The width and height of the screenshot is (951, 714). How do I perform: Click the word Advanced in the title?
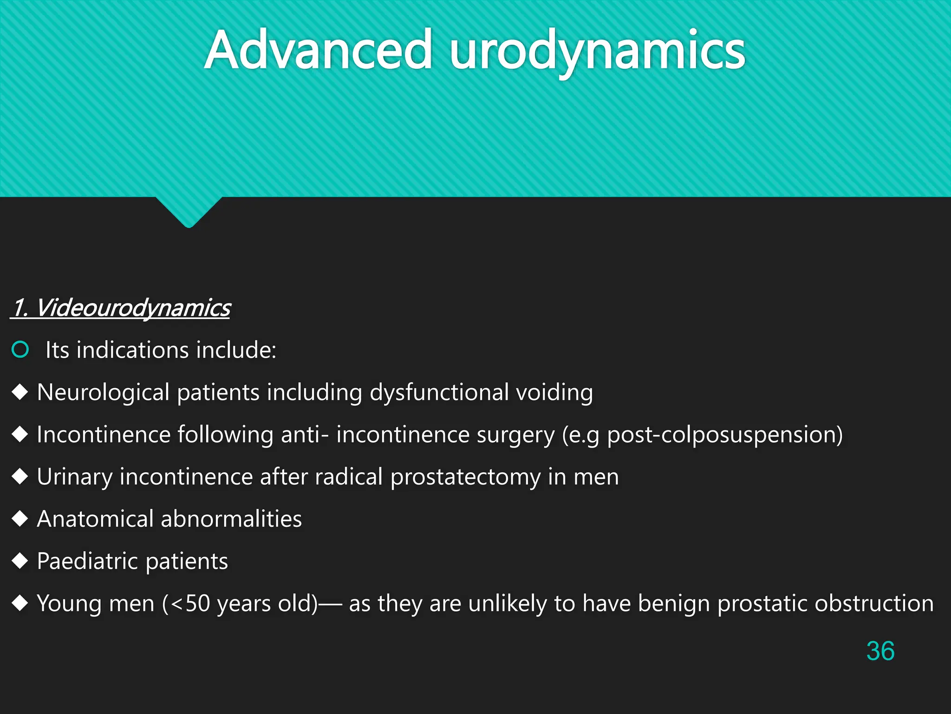(x=319, y=50)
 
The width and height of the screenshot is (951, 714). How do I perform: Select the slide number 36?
(x=880, y=651)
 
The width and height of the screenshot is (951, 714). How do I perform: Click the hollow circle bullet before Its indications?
(x=20, y=350)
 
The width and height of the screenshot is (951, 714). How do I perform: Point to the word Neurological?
(x=103, y=392)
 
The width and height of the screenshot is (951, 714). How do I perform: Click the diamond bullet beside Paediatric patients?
(x=20, y=561)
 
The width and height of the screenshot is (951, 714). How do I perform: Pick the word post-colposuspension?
(x=724, y=435)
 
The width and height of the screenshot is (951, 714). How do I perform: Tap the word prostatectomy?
(x=465, y=477)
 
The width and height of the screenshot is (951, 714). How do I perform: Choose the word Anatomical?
(x=95, y=519)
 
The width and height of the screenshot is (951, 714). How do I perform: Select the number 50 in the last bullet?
(x=198, y=603)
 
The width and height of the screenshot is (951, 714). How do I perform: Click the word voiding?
(x=554, y=392)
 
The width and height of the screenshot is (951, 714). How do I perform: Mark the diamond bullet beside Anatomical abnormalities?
(x=20, y=518)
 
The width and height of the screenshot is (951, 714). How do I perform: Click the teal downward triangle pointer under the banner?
(x=189, y=212)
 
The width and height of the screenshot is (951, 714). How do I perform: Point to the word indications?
(x=132, y=350)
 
